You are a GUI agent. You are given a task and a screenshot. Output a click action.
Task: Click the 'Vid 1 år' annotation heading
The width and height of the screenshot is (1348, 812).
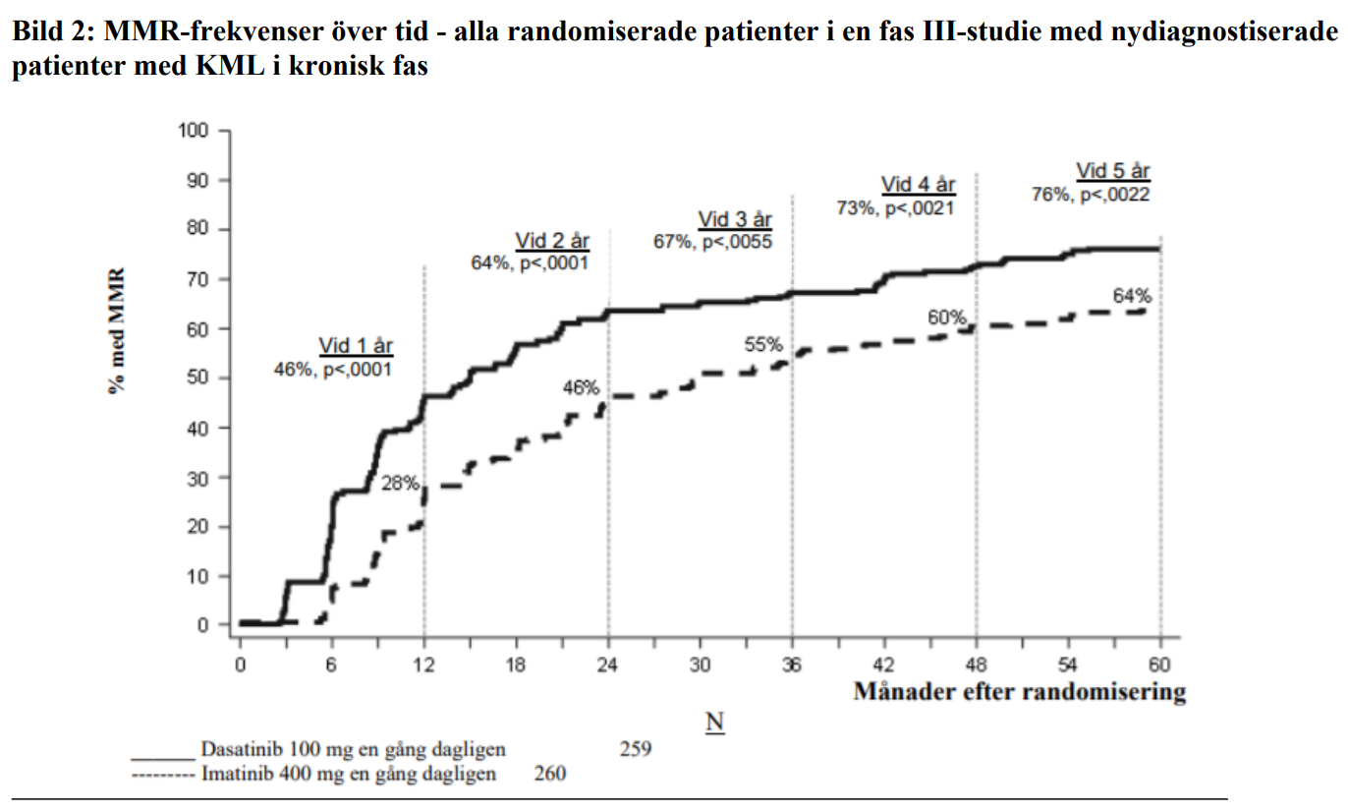coord(356,346)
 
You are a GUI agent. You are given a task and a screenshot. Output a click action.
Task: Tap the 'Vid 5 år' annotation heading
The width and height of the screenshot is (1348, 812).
coord(1112,172)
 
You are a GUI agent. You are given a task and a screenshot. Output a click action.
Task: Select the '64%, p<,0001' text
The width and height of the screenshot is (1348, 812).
coord(530,262)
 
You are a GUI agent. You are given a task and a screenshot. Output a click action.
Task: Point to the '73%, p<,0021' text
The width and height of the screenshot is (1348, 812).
coord(895,207)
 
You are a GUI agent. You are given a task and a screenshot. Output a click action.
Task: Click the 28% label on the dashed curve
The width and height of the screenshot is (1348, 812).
coord(400,484)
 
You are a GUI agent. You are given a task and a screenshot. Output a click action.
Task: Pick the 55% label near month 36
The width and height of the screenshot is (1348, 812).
coord(762,344)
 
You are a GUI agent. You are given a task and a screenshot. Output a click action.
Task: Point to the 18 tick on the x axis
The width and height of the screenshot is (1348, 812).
coord(516,665)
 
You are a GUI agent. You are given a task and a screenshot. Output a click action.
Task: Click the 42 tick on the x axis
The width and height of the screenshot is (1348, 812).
coord(884,665)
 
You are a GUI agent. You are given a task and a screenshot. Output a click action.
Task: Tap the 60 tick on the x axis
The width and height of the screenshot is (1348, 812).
coord(1160,665)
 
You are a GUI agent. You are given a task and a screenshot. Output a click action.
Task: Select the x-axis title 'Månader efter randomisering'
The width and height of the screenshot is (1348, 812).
coord(1019,692)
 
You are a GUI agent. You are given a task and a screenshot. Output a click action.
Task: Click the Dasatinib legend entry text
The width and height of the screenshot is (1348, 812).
coord(353,750)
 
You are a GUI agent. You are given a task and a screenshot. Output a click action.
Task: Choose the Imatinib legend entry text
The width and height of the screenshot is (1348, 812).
coord(348,774)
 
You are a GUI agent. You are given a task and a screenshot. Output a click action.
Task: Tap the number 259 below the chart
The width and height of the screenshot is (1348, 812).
coord(636,750)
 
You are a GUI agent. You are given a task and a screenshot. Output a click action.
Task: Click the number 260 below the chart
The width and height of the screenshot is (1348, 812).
coord(550,774)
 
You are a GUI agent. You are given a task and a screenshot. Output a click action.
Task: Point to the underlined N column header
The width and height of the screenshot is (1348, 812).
coord(714,723)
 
